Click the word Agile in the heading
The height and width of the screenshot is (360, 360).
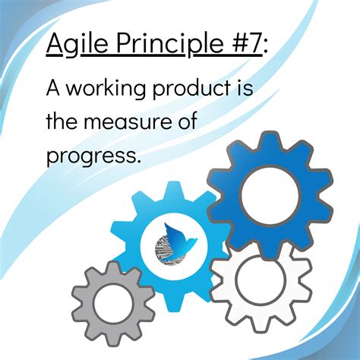(x=74, y=46)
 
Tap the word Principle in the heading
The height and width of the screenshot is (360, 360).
(x=165, y=46)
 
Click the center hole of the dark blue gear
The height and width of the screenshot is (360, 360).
(x=270, y=193)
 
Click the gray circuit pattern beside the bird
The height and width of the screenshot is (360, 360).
(x=162, y=247)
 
